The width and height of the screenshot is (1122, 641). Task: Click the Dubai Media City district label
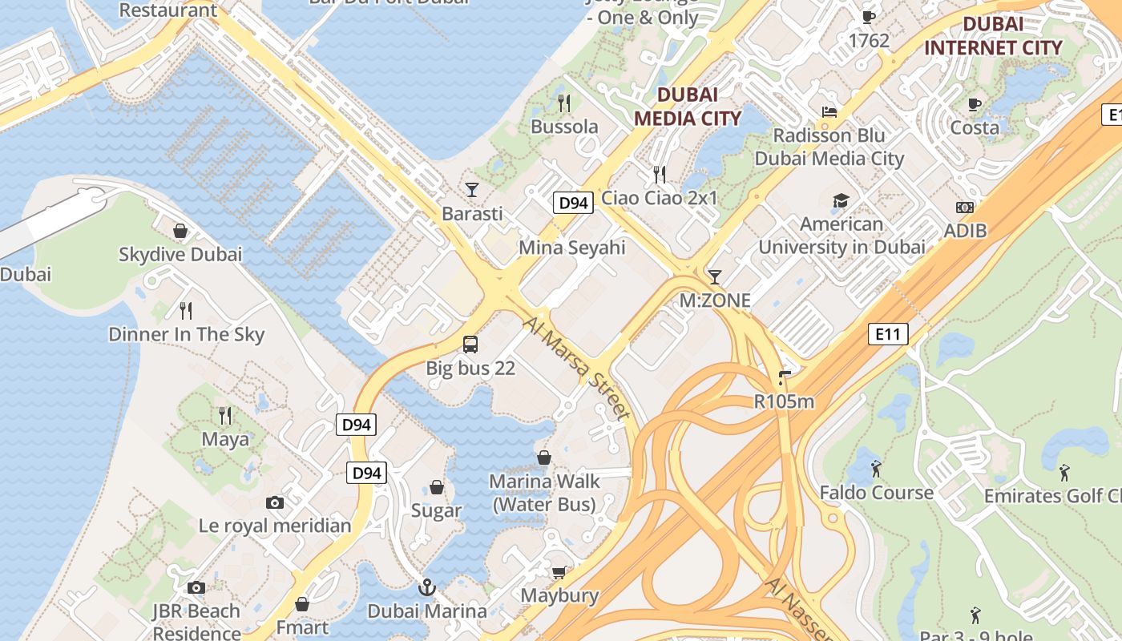coord(688,107)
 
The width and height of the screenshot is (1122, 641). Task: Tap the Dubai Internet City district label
coord(993,36)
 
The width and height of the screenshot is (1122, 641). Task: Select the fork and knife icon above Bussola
coord(564,103)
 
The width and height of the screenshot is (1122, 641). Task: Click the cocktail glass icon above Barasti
coord(472,190)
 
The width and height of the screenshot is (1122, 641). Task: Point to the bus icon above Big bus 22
coord(470,345)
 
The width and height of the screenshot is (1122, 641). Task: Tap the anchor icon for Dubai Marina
coord(426,587)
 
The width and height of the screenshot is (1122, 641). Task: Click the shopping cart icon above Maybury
coord(559,571)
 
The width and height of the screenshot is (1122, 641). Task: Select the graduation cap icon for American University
coord(841,200)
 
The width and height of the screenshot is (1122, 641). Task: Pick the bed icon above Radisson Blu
coord(829,112)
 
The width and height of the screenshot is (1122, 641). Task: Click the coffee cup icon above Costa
coord(975,104)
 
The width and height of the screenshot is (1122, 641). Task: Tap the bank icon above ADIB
coord(965,208)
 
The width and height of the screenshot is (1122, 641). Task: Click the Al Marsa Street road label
coord(575,368)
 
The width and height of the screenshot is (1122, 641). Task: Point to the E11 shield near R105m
coord(888,333)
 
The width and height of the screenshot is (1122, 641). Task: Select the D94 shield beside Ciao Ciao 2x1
coord(573,203)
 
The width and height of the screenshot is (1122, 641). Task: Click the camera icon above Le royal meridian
coord(275,502)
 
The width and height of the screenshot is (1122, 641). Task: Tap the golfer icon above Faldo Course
coord(876,468)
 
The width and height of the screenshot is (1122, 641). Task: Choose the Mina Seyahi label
coord(571,248)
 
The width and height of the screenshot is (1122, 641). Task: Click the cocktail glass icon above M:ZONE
coord(714,277)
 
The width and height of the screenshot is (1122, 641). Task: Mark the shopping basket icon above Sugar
coord(437,487)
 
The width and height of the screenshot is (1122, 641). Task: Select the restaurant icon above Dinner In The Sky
coord(186,310)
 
